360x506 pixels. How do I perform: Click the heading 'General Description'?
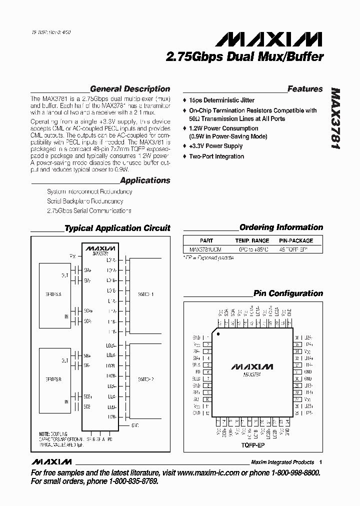(x=130, y=89)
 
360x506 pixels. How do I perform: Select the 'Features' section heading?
(x=305, y=89)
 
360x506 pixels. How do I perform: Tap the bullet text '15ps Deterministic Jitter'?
(x=221, y=100)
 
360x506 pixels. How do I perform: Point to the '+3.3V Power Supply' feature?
(x=215, y=146)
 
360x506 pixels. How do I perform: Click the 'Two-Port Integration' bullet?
(x=216, y=156)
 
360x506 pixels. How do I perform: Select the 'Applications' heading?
(x=145, y=180)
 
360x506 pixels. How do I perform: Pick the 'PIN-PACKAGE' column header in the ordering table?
(x=296, y=240)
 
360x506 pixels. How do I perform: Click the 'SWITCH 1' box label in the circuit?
(x=145, y=294)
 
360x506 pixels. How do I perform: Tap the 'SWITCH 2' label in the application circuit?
(x=145, y=379)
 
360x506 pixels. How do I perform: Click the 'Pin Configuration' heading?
(x=288, y=293)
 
